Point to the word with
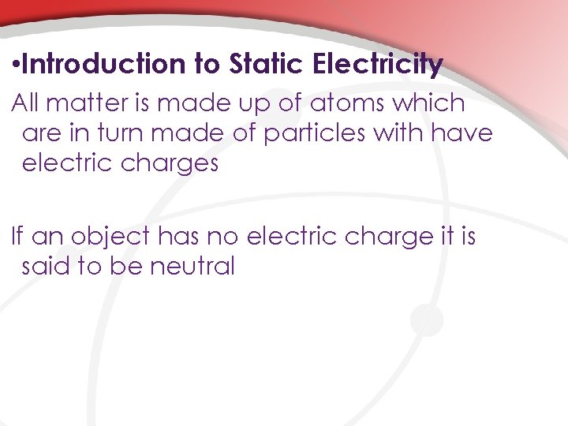click(398, 133)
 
